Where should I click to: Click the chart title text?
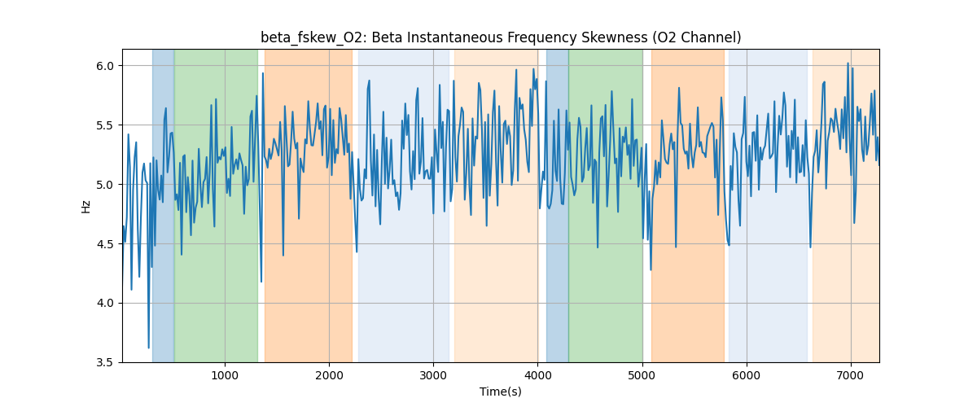tap(501, 37)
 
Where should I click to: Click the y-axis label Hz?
tap(86, 206)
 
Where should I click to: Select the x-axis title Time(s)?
tap(501, 392)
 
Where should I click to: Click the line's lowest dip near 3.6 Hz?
tap(148, 348)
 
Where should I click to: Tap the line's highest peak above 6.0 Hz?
tap(848, 63)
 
